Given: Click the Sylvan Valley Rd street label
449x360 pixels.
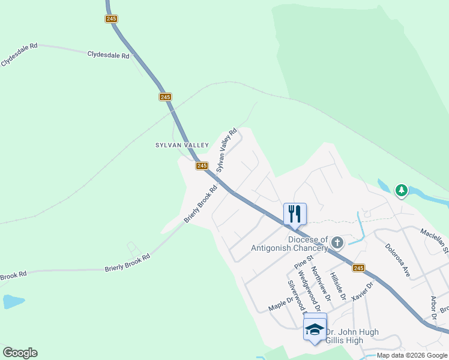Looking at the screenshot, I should click(x=226, y=150).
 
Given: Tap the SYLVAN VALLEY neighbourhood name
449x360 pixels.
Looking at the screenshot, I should click(x=182, y=145).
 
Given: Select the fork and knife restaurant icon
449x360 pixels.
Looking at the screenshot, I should click(x=295, y=214).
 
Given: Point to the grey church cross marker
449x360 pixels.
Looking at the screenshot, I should click(x=337, y=242).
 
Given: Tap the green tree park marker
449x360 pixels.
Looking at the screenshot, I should click(x=401, y=191).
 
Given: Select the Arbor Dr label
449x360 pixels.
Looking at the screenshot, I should click(x=433, y=308).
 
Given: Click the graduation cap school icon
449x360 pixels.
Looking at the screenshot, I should click(x=315, y=328).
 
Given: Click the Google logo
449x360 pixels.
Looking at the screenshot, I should click(x=20, y=353).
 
